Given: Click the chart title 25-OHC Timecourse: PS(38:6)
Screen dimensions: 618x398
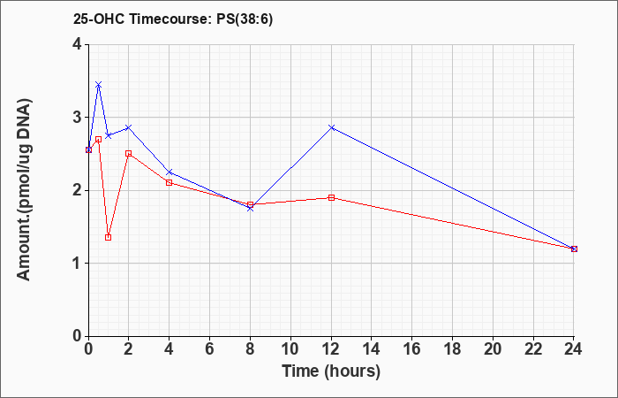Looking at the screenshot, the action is (x=173, y=19).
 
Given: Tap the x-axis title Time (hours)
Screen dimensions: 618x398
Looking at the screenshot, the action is (x=331, y=371).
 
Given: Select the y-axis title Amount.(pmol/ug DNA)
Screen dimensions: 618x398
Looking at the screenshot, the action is (x=24, y=190).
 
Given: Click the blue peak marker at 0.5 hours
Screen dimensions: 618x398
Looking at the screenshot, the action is (x=99, y=85).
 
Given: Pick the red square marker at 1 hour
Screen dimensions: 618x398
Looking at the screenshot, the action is (x=108, y=237).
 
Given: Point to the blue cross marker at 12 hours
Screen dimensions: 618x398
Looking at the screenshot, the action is (x=331, y=127).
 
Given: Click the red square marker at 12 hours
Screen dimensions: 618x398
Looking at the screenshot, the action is (x=331, y=197).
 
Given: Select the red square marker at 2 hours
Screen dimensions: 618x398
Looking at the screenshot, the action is (x=129, y=153).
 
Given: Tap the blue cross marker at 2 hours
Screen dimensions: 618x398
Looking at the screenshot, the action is (x=129, y=127).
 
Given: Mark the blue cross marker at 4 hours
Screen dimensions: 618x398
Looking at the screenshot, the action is (x=170, y=172).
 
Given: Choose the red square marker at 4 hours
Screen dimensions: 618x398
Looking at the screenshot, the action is (x=170, y=182).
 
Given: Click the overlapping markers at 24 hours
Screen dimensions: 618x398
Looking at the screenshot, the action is (x=574, y=249).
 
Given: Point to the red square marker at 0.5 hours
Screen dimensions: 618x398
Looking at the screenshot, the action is (x=99, y=139).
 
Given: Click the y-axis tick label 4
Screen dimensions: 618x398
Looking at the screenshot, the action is (x=77, y=44).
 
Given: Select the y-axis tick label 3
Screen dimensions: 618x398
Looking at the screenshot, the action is (x=77, y=118).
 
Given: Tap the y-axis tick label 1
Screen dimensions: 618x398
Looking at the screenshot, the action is (x=77, y=264).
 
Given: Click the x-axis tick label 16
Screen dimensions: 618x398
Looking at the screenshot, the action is (x=412, y=349).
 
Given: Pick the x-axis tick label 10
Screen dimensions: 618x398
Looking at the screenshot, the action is (x=290, y=349).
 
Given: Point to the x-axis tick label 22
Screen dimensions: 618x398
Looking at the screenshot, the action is (x=533, y=349).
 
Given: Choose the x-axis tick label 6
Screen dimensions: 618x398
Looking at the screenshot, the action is (x=210, y=349).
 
